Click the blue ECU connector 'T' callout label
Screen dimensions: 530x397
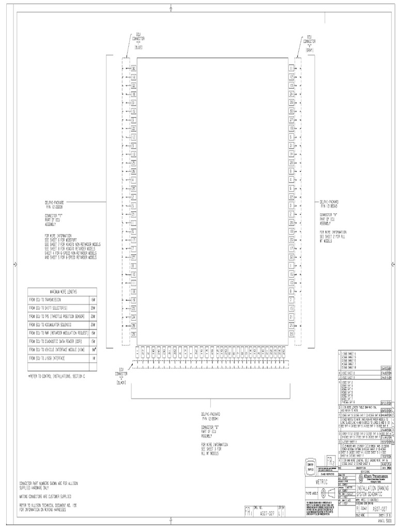tap(139, 42)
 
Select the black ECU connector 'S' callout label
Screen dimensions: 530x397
tap(123, 375)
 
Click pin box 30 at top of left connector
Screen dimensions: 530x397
tap(133, 68)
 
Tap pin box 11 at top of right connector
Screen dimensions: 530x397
tap(292, 68)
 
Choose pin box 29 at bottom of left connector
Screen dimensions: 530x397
tap(133, 334)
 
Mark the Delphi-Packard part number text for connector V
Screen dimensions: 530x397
tap(331, 204)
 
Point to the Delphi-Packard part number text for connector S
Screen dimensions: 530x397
tap(213, 416)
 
